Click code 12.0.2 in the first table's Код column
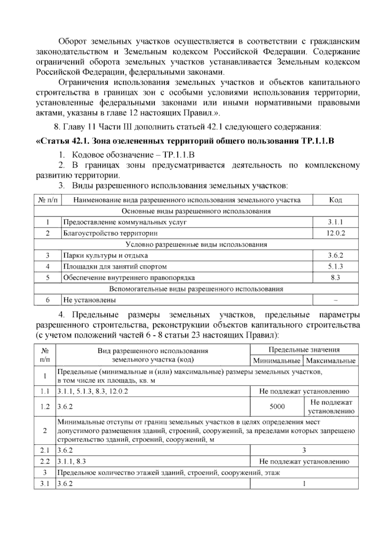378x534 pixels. click(x=335, y=233)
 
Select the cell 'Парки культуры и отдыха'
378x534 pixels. click(x=106, y=255)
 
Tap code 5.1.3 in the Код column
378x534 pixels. click(x=335, y=267)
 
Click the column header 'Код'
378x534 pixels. click(x=335, y=200)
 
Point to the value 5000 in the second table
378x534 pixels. click(x=277, y=406)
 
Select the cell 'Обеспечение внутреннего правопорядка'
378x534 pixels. click(x=129, y=278)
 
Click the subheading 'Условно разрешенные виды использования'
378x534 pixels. click(x=196, y=244)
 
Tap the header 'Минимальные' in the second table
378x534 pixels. click(x=277, y=361)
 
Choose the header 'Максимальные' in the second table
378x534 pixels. click(x=330, y=361)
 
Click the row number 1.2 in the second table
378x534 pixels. click(x=45, y=406)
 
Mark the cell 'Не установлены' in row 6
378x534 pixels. click(x=89, y=300)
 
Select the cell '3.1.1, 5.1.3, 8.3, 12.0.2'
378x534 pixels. click(x=93, y=391)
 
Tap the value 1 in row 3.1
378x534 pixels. click(x=304, y=484)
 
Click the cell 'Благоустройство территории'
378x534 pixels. click(x=110, y=233)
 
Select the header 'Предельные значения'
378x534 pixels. click(x=304, y=350)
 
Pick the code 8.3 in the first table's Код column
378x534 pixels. click(x=335, y=278)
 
